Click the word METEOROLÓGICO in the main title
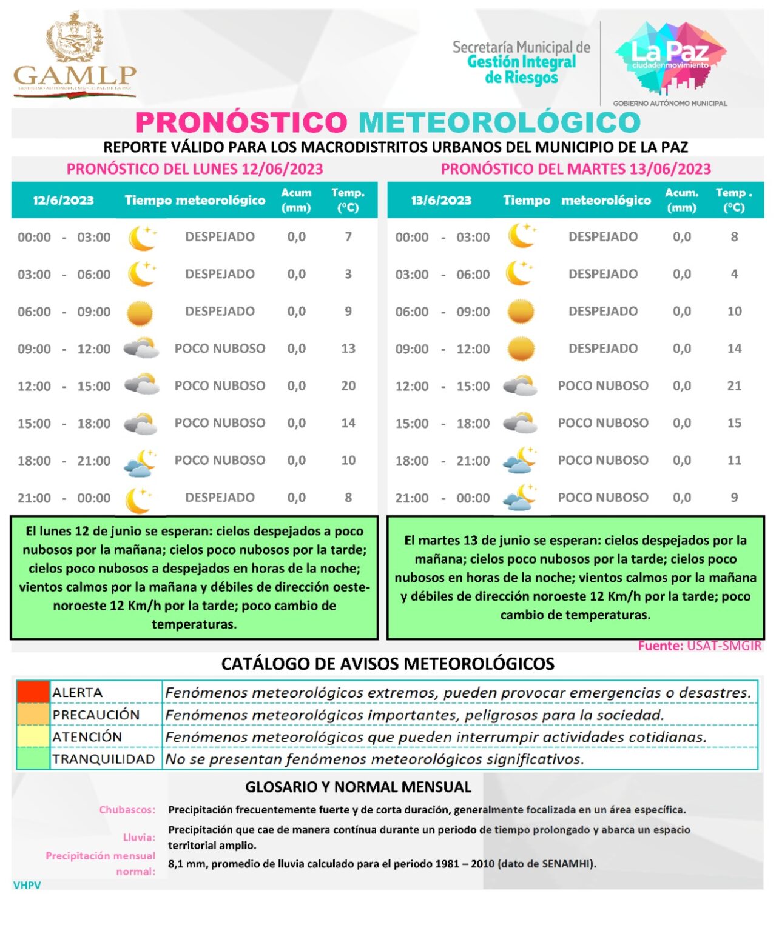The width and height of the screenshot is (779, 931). (x=499, y=122)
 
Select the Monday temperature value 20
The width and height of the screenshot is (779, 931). (x=348, y=386)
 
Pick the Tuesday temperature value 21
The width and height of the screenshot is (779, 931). (x=734, y=386)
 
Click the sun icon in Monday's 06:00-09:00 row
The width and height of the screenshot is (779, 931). (x=140, y=313)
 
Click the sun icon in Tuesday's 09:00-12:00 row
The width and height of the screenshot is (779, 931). (x=521, y=349)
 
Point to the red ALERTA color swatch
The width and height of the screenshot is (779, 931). (x=33, y=692)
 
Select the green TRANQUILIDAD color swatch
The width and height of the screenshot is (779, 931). (x=33, y=759)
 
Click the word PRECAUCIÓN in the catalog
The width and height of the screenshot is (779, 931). (x=96, y=715)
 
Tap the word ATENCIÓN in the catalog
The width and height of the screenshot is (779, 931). (x=87, y=737)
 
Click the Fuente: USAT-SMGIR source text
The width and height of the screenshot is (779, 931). (x=699, y=646)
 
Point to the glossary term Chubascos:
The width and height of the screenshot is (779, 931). (x=127, y=810)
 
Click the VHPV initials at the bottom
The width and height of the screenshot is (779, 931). (x=27, y=885)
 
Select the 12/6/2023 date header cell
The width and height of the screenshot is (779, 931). (x=63, y=201)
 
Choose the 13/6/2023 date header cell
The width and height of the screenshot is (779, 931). (x=441, y=201)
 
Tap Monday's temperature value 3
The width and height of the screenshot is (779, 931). (x=348, y=275)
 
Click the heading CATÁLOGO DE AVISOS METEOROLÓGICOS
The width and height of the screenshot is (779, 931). (x=388, y=664)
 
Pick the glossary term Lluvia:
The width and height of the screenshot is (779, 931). (x=139, y=838)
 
